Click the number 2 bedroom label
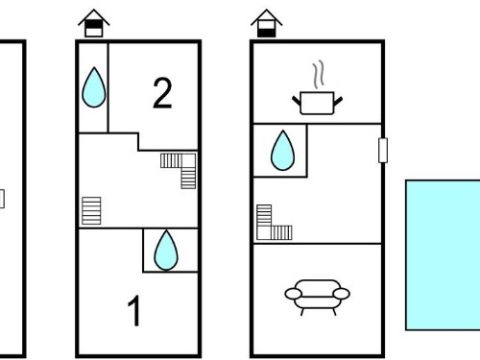(162, 93)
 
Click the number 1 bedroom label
(134, 310)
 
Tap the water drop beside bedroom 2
(94, 87)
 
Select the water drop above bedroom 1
(166, 250)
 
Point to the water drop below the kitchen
(282, 150)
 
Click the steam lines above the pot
(319, 75)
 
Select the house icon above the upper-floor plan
(94, 23)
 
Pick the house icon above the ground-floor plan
(266, 23)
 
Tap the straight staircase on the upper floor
(91, 210)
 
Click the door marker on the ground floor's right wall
(383, 150)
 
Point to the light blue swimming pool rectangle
(443, 255)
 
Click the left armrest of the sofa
(294, 294)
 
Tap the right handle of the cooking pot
(338, 102)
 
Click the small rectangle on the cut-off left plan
(2, 199)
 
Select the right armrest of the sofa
(342, 294)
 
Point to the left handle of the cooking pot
(297, 102)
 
